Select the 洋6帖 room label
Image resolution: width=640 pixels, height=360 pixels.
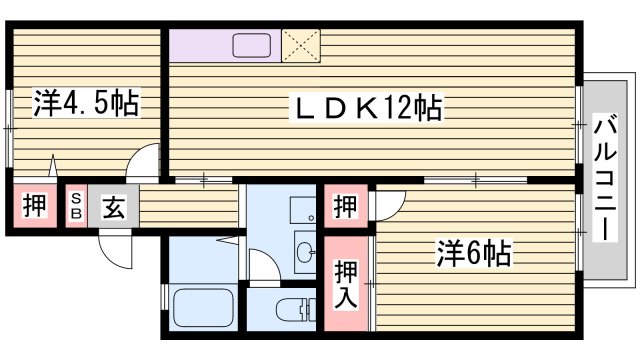[474, 253]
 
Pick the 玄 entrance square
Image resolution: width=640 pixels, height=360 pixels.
[112, 208]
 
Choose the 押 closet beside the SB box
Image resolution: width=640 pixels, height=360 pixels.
[32, 208]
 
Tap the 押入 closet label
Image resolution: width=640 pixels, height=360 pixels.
[346, 283]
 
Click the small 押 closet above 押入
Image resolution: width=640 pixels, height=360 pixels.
[345, 208]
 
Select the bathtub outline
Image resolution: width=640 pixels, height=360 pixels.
[202, 306]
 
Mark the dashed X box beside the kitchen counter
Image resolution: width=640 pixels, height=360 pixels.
[300, 44]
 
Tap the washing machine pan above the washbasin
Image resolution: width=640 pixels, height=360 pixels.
[302, 210]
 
